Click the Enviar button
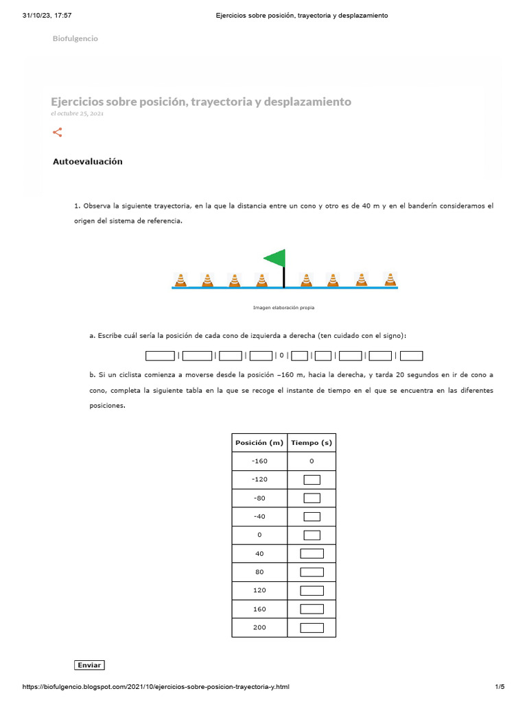pyautogui.click(x=89, y=665)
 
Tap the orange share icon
pyautogui.click(x=58, y=132)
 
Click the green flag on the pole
pyautogui.click(x=276, y=258)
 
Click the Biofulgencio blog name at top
pyautogui.click(x=75, y=38)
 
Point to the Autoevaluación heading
pyautogui.click(x=87, y=162)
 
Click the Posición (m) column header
pyautogui.click(x=259, y=443)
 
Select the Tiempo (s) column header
pyautogui.click(x=311, y=443)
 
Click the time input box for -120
pyautogui.click(x=312, y=479)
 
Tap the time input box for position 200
pyautogui.click(x=312, y=627)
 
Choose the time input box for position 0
pyautogui.click(x=312, y=535)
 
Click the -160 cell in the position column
pyautogui.click(x=259, y=461)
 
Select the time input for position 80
pyautogui.click(x=312, y=572)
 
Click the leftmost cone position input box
pyautogui.click(x=160, y=355)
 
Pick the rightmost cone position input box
pyautogui.click(x=411, y=355)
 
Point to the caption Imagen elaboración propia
pyautogui.click(x=284, y=308)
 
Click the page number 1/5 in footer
pyautogui.click(x=500, y=687)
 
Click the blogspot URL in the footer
pyautogui.click(x=156, y=687)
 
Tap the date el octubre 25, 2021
pyautogui.click(x=77, y=114)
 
